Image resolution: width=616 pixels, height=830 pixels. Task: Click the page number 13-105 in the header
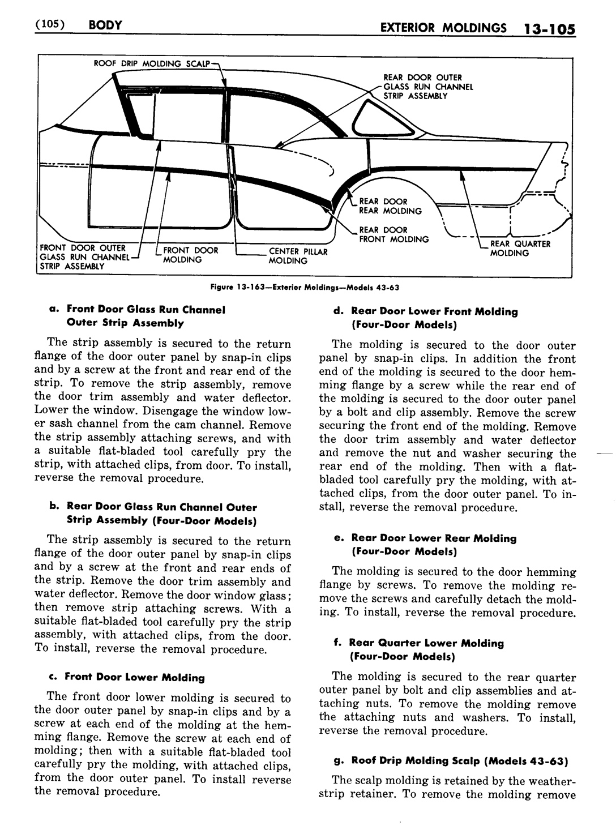[x=547, y=28]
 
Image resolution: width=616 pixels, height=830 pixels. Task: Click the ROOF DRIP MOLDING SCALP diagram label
[x=152, y=63]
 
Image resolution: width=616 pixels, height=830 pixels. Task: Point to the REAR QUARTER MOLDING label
[x=520, y=249]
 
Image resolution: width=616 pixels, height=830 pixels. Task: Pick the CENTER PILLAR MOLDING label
[x=298, y=256]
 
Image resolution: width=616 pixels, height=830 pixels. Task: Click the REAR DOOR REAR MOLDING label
[x=391, y=206]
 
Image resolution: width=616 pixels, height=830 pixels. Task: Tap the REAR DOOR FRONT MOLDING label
[x=394, y=234]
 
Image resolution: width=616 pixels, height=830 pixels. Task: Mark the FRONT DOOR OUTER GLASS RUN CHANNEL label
[x=82, y=256]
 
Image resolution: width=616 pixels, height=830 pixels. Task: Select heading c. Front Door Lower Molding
[x=135, y=677]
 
